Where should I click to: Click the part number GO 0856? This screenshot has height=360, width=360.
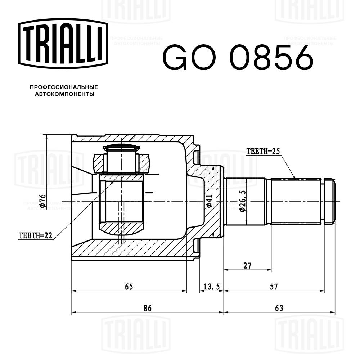(x=238, y=57)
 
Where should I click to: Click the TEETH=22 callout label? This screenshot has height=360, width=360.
(x=35, y=236)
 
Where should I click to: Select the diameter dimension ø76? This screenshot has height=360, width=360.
(x=42, y=201)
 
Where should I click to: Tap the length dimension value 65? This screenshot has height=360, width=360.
(x=129, y=287)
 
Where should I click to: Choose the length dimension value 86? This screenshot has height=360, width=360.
(x=147, y=308)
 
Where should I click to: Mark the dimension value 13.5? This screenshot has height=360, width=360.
(x=212, y=287)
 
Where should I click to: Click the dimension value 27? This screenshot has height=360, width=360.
(x=247, y=266)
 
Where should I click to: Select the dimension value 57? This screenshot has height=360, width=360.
(x=274, y=287)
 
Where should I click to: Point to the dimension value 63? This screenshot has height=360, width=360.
(x=279, y=308)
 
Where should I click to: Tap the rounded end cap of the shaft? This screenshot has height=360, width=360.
(x=329, y=201)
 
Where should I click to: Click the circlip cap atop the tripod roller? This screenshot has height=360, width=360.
(x=121, y=147)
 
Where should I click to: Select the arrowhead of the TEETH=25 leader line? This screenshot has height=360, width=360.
(x=294, y=177)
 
